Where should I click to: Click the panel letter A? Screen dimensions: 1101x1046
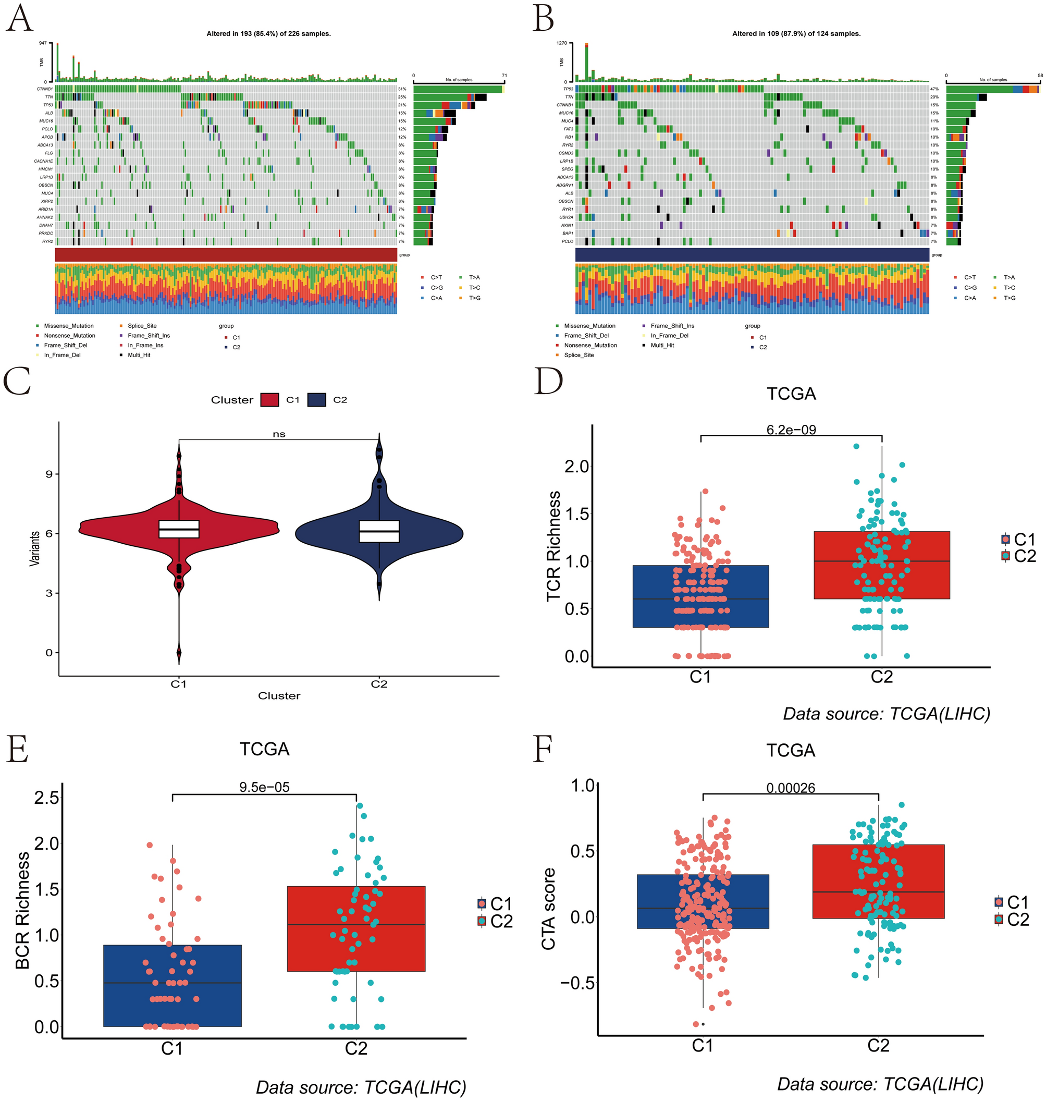coord(19,19)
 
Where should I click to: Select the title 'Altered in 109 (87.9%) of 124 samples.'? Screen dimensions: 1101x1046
coord(796,34)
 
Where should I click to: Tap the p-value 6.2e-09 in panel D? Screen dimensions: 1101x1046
coord(791,430)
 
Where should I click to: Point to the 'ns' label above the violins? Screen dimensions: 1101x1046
coord(279,434)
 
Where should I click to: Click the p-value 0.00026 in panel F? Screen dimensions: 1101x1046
coord(791,788)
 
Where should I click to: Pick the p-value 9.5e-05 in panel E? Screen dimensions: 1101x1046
coord(264,787)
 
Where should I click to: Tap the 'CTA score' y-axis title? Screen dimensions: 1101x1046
coord(549,909)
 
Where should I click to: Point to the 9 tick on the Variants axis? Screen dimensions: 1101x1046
coord(49,474)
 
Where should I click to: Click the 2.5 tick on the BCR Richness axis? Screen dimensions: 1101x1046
coord(47,797)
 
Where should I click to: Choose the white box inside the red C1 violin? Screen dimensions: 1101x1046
coord(179,529)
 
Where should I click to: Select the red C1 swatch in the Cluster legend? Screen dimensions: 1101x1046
coord(269,400)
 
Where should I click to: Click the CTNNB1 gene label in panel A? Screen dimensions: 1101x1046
coord(45,89)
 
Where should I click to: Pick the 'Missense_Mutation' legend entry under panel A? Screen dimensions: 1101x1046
coord(69,326)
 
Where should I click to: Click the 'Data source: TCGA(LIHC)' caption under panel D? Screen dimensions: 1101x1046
coord(887,714)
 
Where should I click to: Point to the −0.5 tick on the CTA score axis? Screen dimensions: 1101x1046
coord(576,982)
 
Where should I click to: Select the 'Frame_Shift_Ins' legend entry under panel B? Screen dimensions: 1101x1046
coord(672,326)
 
